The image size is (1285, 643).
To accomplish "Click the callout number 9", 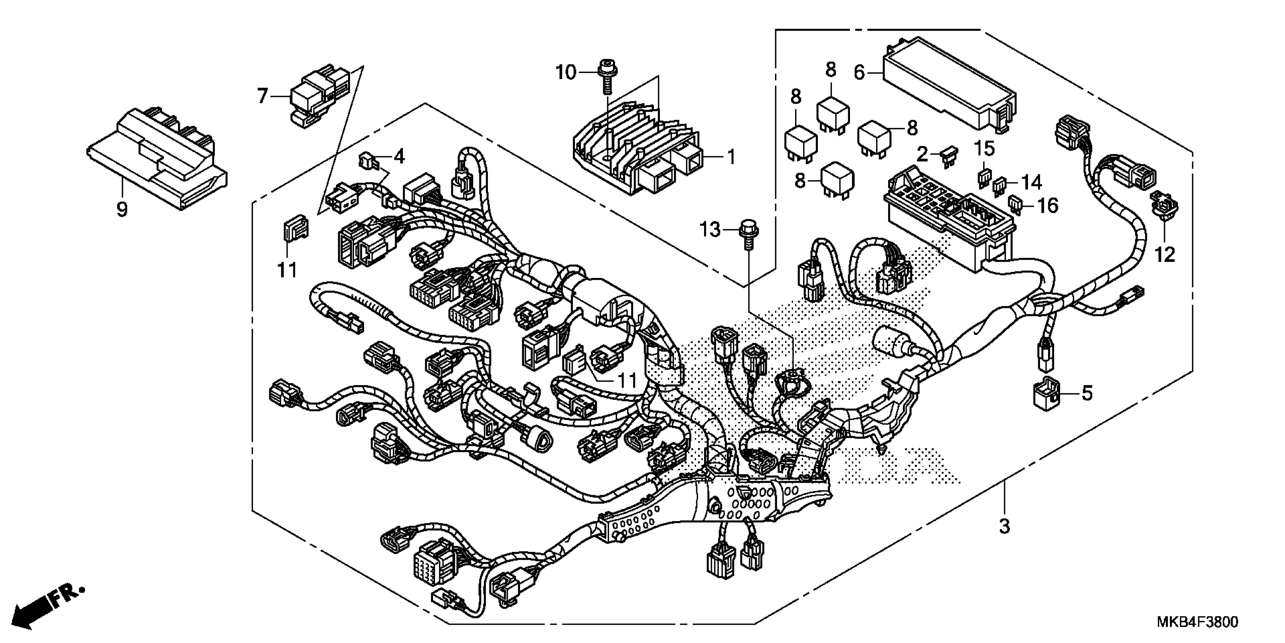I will point(122,209).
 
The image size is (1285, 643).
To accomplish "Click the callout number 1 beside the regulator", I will point(731,158).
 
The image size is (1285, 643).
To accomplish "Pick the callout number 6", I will point(859,73).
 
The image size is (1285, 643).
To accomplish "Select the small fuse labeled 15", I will point(984,179).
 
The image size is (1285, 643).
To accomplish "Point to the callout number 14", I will point(1031,183).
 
